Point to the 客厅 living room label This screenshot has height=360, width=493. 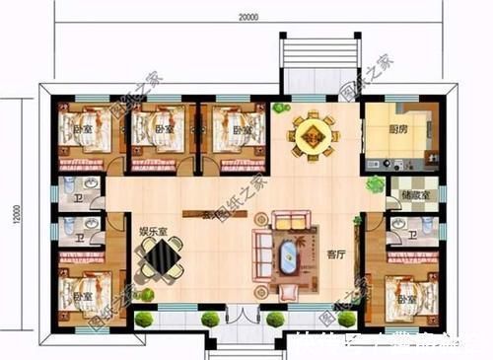point(336,253)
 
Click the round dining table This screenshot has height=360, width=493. point(311,137)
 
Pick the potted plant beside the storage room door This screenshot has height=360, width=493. point(375,183)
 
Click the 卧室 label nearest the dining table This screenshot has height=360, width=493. point(239,129)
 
